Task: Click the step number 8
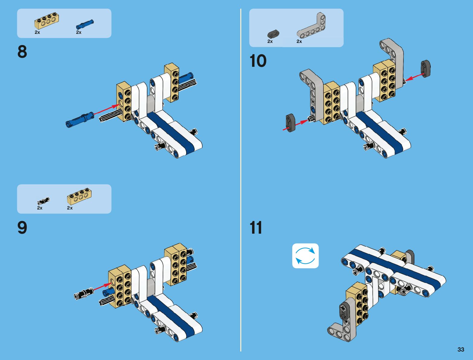pyautogui.click(x=22, y=52)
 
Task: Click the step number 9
pyautogui.click(x=22, y=228)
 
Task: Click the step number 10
pyautogui.click(x=258, y=61)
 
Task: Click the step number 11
pyautogui.click(x=256, y=228)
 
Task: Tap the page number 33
pyautogui.click(x=461, y=349)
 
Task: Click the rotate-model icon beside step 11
pyautogui.click(x=305, y=256)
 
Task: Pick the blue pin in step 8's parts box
pyautogui.click(x=85, y=24)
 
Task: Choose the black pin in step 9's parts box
pyautogui.click(x=43, y=201)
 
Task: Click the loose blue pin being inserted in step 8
pyautogui.click(x=79, y=119)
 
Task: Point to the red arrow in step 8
pyautogui.click(x=107, y=109)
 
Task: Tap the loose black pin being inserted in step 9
pyautogui.click(x=84, y=294)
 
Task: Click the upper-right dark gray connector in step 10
pyautogui.click(x=426, y=69)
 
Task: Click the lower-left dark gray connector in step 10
pyautogui.click(x=290, y=123)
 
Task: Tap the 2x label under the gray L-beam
pyautogui.click(x=299, y=41)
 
